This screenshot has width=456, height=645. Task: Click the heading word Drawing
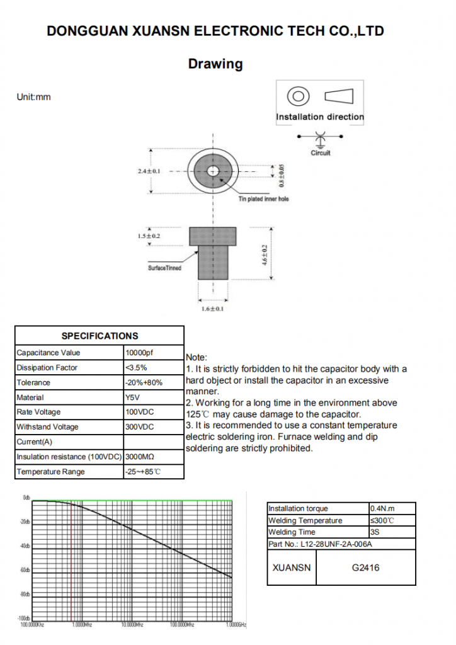tap(215, 64)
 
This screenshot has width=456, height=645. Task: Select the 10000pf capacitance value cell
tap(139, 353)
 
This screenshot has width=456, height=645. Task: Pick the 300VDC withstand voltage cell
tap(139, 427)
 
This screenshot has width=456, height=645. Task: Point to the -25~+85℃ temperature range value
tap(143, 472)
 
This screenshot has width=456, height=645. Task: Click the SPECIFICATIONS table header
tap(100, 336)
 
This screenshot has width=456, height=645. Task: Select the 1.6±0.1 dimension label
tap(212, 309)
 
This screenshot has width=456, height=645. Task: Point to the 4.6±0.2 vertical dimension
tap(265, 254)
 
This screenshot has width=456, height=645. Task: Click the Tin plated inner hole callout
tap(263, 199)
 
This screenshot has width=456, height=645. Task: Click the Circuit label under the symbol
tap(320, 153)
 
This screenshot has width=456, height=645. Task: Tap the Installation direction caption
tap(320, 117)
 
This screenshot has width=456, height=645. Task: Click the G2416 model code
tap(365, 568)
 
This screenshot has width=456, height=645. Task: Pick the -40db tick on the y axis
tap(25, 545)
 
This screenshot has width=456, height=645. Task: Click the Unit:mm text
tap(33, 97)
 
